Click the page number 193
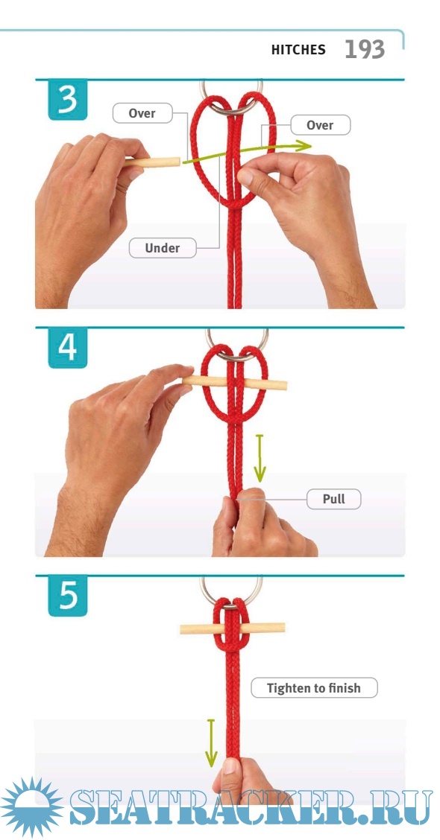click(x=365, y=50)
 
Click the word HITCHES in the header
click(x=298, y=50)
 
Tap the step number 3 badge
click(x=68, y=101)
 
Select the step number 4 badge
click(x=68, y=349)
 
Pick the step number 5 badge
click(x=68, y=596)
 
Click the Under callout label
click(x=162, y=248)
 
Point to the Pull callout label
click(x=334, y=499)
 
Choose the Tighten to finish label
click(x=314, y=688)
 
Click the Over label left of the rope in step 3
click(x=142, y=113)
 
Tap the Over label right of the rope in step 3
click(x=321, y=125)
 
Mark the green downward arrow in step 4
click(x=260, y=458)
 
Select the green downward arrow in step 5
click(x=211, y=742)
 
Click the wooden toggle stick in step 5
click(x=233, y=628)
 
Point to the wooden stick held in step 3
click(x=153, y=162)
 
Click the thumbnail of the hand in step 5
click(x=230, y=766)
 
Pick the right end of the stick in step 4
click(x=286, y=385)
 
